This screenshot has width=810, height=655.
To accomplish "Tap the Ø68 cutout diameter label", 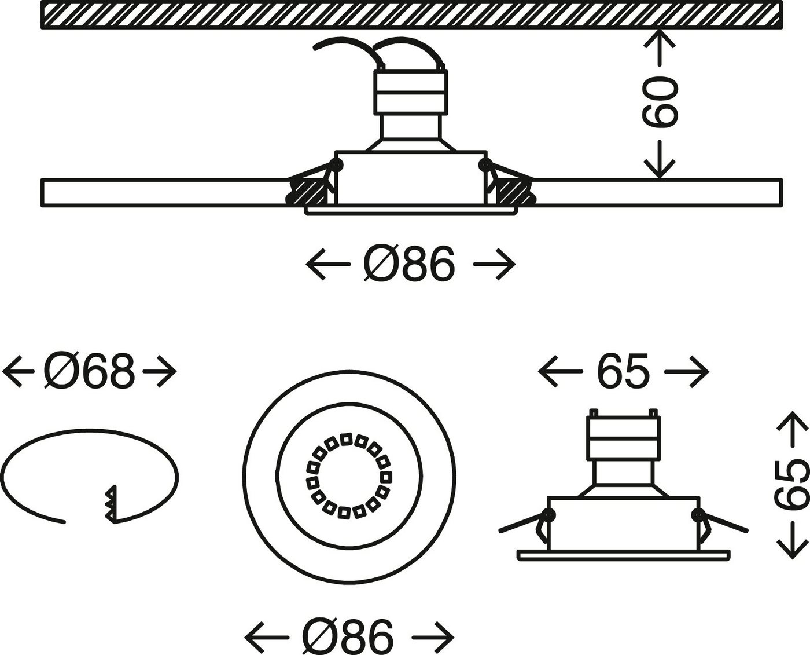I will pyautogui.click(x=89, y=371).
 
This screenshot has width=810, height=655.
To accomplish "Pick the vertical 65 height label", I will pyautogui.click(x=791, y=484).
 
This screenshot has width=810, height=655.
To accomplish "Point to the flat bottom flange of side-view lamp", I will pyautogui.click(x=623, y=555).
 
